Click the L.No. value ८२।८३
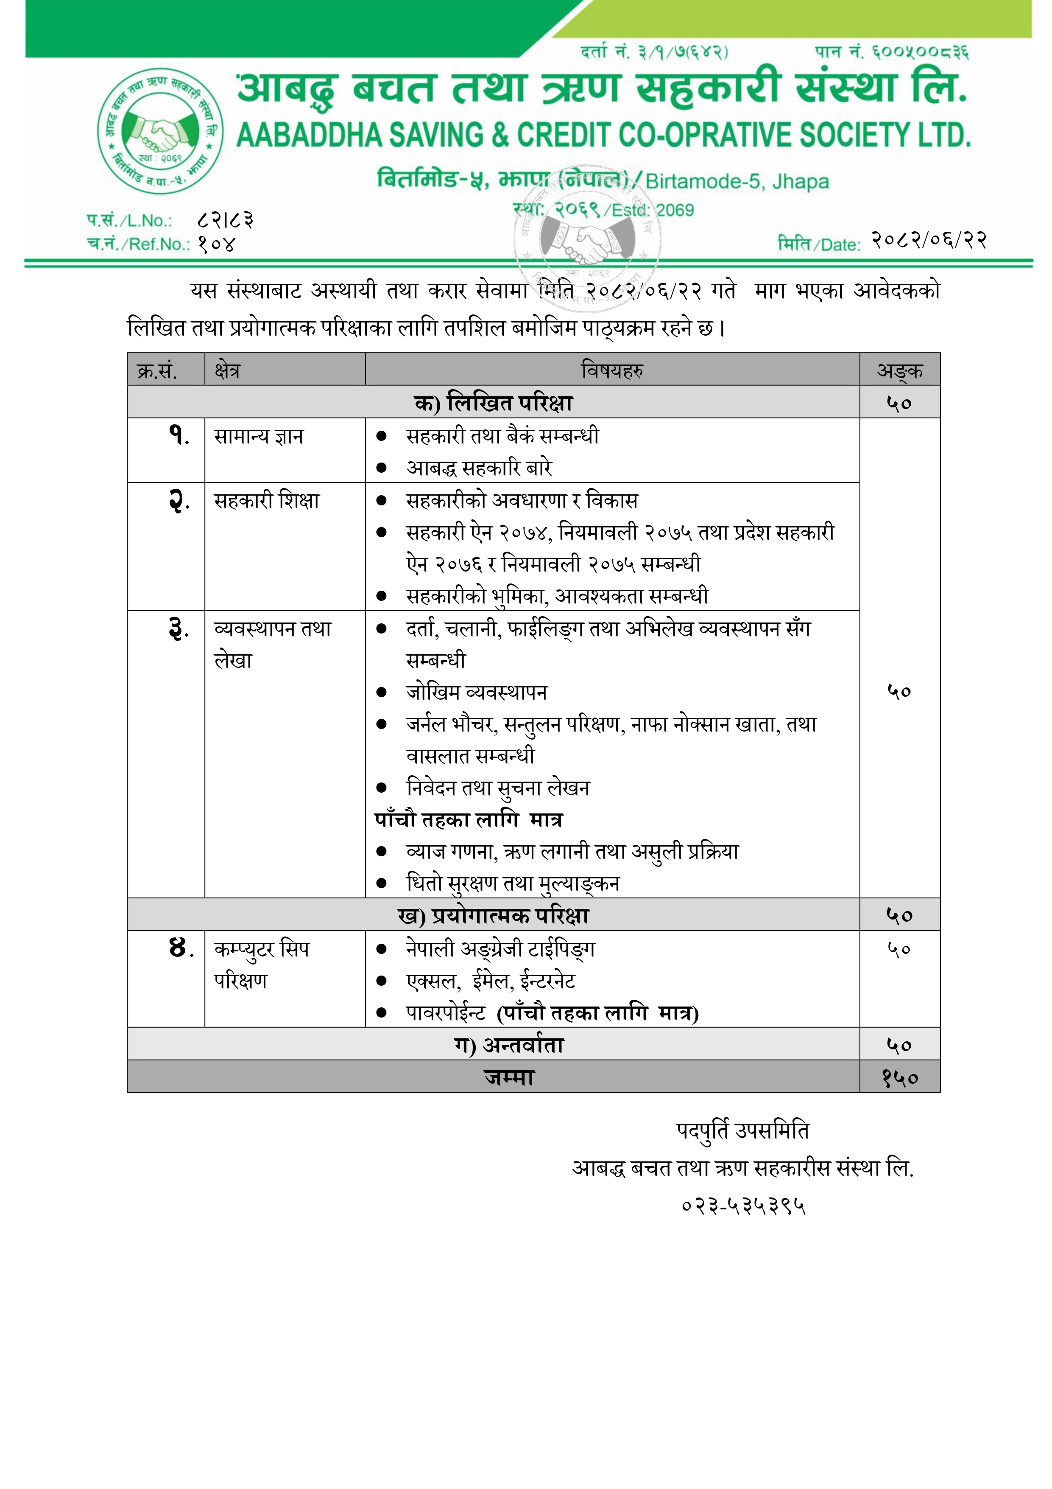[225, 220]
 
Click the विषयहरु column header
[612, 370]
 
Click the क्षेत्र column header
[228, 370]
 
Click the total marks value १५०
[900, 1077]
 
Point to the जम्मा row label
[509, 1077]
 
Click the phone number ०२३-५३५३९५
[743, 1206]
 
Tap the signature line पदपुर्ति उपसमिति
[743, 1131]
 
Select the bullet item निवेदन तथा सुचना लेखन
[498, 788]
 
